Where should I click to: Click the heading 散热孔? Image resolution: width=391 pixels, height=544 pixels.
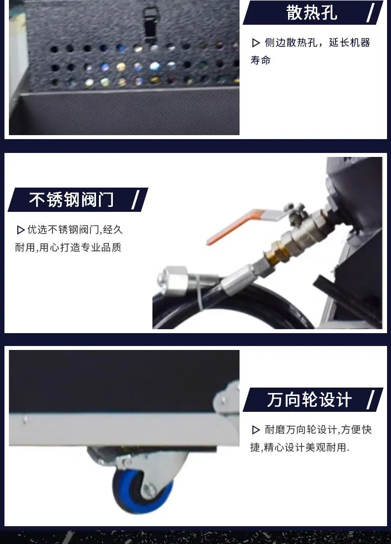coord(311,13)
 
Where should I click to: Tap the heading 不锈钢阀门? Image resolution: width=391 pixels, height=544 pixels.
coord(71,200)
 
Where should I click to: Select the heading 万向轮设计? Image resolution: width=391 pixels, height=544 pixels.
coord(309,399)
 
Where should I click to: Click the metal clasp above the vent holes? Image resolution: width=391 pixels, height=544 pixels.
coord(150,22)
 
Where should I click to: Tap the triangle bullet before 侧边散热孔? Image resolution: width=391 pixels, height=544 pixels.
coord(256,43)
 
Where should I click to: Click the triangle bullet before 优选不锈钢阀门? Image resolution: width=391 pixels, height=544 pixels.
coord(20,230)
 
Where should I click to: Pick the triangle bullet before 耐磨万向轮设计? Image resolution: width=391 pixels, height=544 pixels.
coord(256,430)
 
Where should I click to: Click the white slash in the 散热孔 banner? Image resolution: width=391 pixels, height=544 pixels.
coord(371,12)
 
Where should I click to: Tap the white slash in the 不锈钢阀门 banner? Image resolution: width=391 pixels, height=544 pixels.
coord(136,199)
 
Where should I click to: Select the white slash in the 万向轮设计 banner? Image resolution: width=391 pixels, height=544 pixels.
coord(371,399)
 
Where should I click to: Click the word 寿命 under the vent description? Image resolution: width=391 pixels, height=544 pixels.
coord(260,60)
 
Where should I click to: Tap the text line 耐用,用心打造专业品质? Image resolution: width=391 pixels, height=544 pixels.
coord(68,247)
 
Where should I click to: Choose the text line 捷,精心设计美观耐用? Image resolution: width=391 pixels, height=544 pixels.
coord(300,447)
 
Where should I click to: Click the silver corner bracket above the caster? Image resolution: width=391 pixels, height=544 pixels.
coord(227,397)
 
